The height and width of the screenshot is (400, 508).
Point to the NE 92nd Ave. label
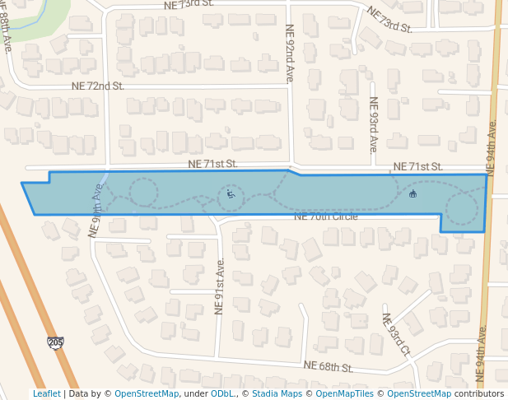[x=290, y=53]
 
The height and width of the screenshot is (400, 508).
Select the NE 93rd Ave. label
[x=373, y=125]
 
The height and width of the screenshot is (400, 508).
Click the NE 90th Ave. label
[x=96, y=211]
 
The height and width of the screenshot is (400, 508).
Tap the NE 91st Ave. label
[x=220, y=286]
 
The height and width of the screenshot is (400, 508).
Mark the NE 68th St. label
[x=328, y=365]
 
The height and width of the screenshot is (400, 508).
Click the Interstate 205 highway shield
[x=55, y=342]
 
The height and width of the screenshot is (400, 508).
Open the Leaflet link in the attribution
[x=46, y=393]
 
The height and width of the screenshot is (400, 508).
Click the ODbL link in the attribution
[x=222, y=393]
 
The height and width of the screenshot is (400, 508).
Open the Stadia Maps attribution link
[x=277, y=393]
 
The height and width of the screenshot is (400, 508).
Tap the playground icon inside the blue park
[x=231, y=195]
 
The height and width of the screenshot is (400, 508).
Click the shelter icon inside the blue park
[x=412, y=194]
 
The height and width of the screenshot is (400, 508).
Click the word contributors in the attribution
[x=478, y=393]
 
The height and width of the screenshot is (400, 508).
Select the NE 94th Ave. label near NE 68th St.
[x=482, y=355]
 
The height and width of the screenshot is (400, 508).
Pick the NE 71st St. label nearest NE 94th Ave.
[x=417, y=166]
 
